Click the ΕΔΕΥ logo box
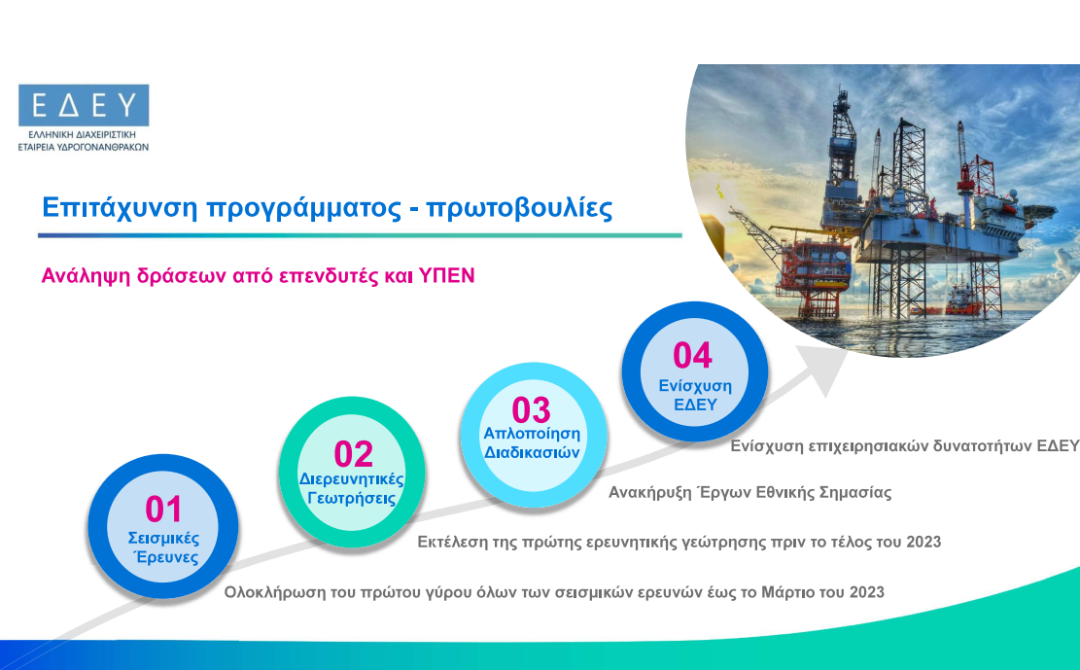pos(84,105)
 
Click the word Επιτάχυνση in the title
pos(120,207)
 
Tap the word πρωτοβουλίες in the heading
pos(519,207)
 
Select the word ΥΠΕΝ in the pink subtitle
pos(446,276)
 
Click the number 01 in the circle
pos(163,510)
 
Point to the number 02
pos(353,454)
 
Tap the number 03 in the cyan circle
pos(531,410)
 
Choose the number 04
pos(692,355)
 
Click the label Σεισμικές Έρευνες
pos(164,548)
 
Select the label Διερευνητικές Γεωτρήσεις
pos(351,489)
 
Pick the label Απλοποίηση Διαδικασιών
pos(532,443)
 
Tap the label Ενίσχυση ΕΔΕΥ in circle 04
pos(695,395)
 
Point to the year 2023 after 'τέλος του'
pos(923,542)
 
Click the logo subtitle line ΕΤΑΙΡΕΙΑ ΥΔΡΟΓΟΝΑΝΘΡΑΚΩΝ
pos(84,147)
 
